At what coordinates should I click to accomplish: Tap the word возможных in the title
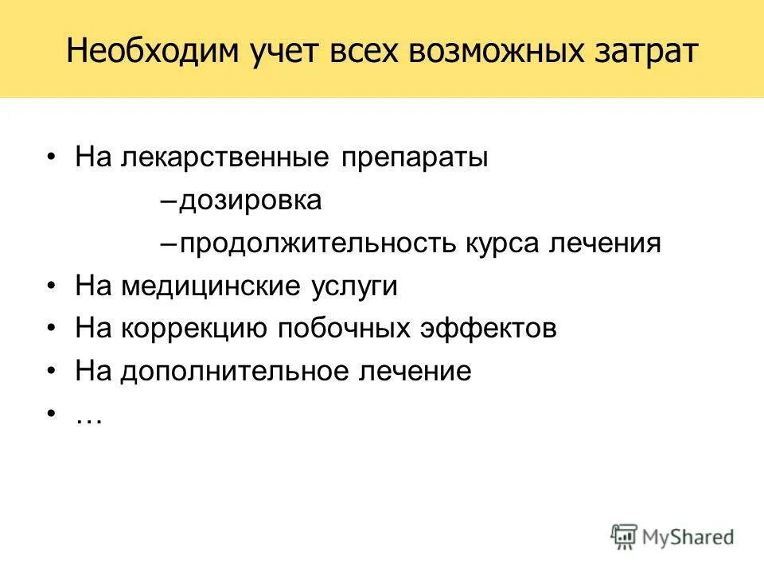pos(490,53)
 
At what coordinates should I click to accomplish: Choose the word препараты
pos(415,157)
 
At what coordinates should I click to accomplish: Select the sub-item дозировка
pos(251,200)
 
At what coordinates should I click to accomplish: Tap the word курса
pos(501,243)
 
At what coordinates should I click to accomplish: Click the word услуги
pos(351,286)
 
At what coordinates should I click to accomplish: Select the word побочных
pos(356,329)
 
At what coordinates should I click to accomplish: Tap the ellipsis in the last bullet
pos(88,418)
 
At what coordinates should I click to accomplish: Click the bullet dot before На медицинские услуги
pos(52,286)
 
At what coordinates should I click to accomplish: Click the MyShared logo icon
pos(625,536)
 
